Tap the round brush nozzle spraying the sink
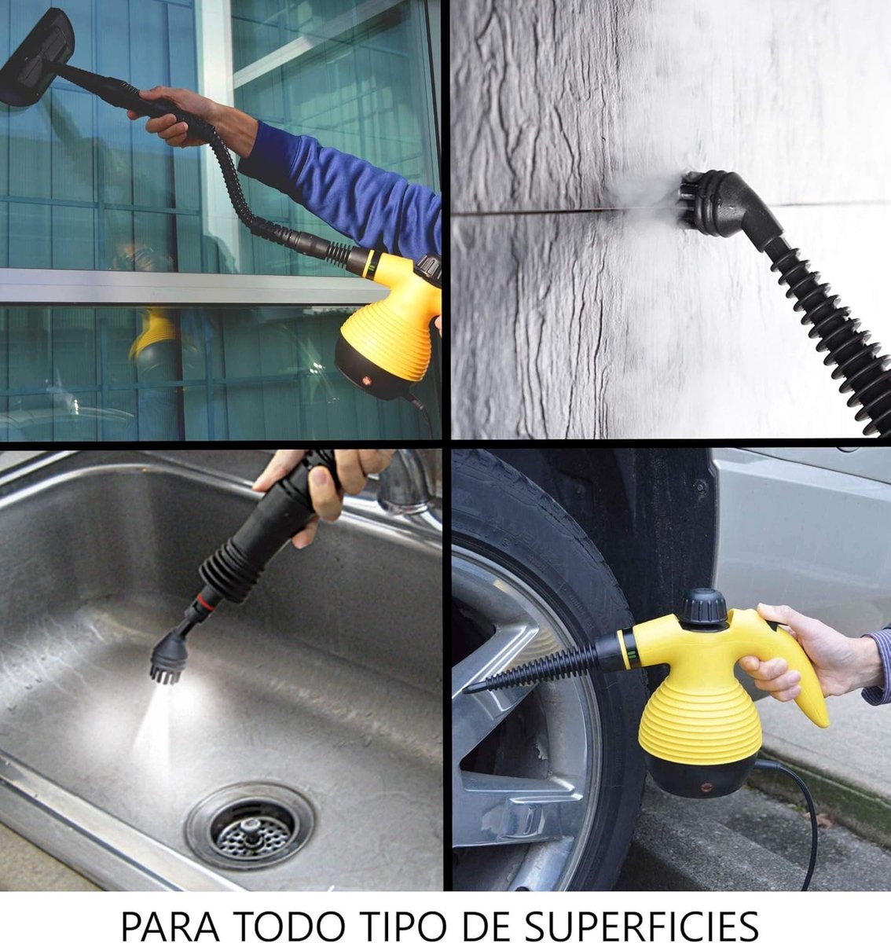tap(169, 658)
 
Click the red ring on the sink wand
tap(206, 603)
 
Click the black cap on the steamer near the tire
tap(704, 607)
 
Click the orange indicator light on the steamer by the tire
tap(706, 787)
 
